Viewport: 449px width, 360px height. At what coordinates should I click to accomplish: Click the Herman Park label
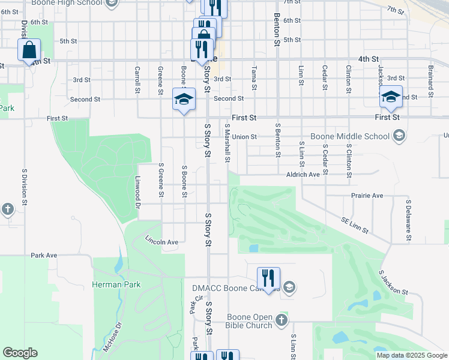(x=116, y=284)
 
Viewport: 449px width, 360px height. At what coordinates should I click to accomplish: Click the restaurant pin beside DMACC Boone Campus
(x=268, y=279)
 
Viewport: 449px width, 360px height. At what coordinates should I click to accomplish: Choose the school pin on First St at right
(x=391, y=98)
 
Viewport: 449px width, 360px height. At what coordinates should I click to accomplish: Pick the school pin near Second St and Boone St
(x=184, y=100)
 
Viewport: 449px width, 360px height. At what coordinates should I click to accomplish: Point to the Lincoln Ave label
(x=162, y=241)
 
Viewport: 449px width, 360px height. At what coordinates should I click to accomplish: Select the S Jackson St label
(x=393, y=283)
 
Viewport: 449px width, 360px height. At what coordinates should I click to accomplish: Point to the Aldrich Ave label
(x=303, y=174)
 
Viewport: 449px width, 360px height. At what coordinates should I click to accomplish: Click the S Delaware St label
(x=408, y=220)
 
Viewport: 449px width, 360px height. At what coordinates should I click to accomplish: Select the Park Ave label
(x=44, y=255)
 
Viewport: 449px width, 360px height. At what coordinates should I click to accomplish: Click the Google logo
(x=20, y=353)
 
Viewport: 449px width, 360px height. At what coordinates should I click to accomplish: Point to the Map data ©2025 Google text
(x=411, y=355)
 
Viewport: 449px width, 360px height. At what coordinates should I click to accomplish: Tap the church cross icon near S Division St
(x=7, y=209)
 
